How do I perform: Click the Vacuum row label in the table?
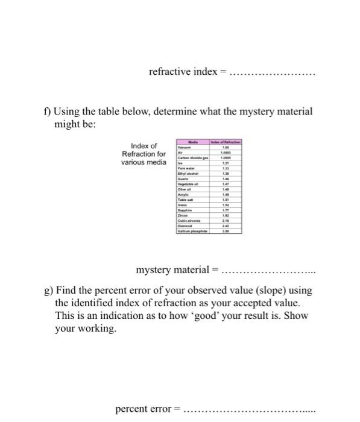(x=184, y=146)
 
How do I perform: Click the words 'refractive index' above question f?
(x=182, y=72)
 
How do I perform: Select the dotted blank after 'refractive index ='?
(x=273, y=72)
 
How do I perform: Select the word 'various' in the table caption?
(x=133, y=162)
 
